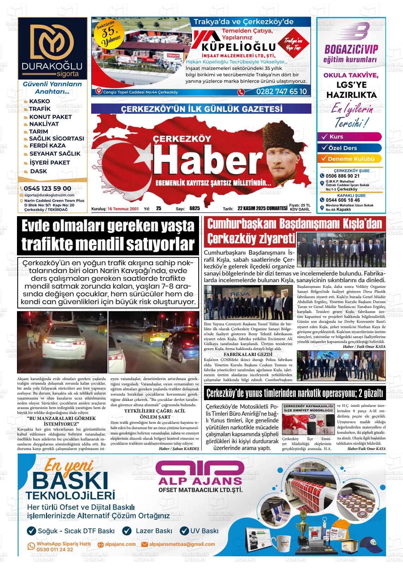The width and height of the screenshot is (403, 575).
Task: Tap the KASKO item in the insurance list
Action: pos(39,101)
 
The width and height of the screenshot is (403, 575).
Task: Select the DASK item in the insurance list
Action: pos(38,171)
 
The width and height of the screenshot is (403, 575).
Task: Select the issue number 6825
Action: pos(194,208)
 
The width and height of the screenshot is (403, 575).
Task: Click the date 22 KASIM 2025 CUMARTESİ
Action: pos(262,208)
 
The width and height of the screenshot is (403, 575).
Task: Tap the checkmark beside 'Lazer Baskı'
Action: pos(127,530)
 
